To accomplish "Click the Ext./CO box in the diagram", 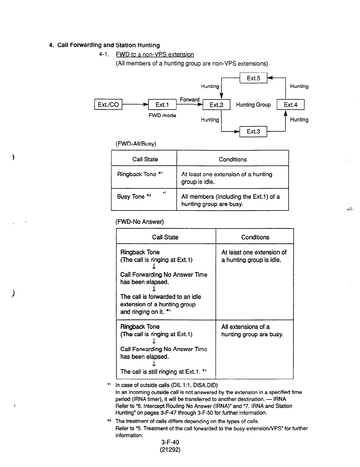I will click(108, 105).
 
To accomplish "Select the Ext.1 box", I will click(162, 105).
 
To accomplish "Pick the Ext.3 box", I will click(253, 131).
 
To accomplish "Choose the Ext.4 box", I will click(290, 105).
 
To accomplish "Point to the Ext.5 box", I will click(253, 78).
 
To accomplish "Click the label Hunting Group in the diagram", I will click(253, 105).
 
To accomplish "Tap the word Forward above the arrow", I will click(189, 100).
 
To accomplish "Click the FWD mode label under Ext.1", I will click(162, 115).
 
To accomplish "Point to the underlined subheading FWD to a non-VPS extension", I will click(155, 55).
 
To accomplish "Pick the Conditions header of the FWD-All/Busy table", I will click(233, 159).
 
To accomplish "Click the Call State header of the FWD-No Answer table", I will click(165, 237).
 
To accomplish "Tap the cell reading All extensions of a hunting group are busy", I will click(252, 330).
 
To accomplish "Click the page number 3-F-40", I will click(170, 442).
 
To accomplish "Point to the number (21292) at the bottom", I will click(170, 450).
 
